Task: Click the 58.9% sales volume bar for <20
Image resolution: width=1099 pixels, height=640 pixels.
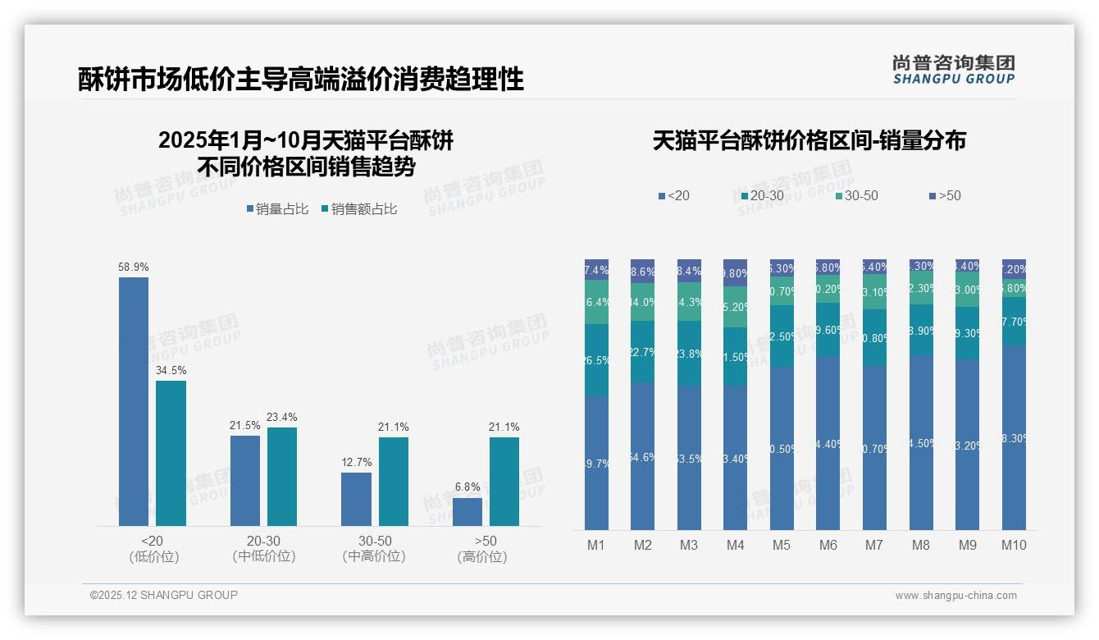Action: pyautogui.click(x=134, y=401)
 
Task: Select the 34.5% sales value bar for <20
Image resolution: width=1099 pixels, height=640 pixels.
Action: pyautogui.click(x=171, y=453)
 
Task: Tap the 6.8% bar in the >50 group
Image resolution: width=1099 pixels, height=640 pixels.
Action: pyautogui.click(x=467, y=512)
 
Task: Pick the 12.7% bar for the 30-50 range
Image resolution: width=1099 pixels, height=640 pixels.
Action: pyautogui.click(x=356, y=499)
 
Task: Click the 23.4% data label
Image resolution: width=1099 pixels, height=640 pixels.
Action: pyautogui.click(x=281, y=417)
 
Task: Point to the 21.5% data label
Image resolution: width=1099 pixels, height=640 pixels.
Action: pyautogui.click(x=244, y=425)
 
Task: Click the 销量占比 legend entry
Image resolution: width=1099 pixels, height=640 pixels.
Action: pyautogui.click(x=277, y=209)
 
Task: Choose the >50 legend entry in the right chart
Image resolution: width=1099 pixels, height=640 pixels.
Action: pyautogui.click(x=945, y=196)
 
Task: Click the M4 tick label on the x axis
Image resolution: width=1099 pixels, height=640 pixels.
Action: pyautogui.click(x=735, y=546)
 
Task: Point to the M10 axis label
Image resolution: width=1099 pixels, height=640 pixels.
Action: pyautogui.click(x=1014, y=546)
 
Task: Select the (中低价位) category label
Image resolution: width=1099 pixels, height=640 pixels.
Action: pyautogui.click(x=263, y=556)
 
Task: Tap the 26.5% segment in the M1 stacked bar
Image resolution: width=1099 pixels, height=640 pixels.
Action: pyautogui.click(x=596, y=360)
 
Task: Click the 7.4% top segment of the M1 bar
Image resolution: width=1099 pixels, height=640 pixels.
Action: pyautogui.click(x=596, y=270)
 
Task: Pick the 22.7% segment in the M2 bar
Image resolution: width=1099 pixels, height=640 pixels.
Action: pyautogui.click(x=642, y=352)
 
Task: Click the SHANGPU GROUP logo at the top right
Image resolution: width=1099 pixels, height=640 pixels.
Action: pyautogui.click(x=953, y=70)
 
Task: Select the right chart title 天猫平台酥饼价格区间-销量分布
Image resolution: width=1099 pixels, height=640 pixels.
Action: pyautogui.click(x=809, y=140)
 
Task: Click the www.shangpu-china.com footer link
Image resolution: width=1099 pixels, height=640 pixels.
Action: pyautogui.click(x=955, y=596)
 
